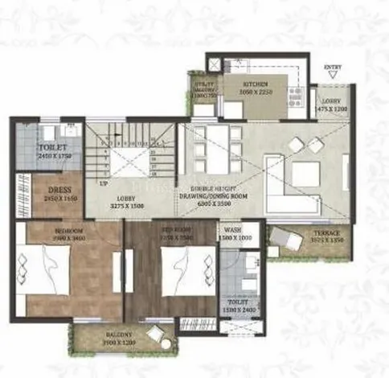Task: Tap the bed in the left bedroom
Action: point(47,270)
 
